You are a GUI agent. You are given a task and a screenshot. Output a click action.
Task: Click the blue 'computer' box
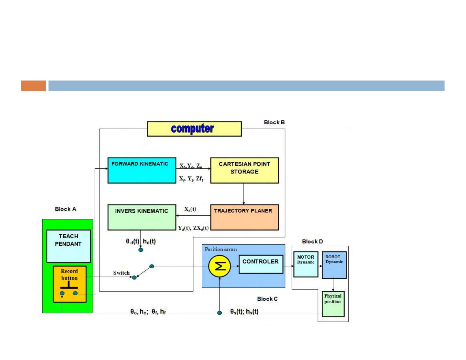tap(194, 129)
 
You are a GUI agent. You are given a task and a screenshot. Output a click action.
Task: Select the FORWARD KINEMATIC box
tap(142, 170)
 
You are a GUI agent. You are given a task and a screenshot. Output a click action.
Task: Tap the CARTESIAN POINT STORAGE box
tap(244, 170)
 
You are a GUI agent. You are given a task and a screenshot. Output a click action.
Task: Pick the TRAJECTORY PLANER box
tap(244, 217)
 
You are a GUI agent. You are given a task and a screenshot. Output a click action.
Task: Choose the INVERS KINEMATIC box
tap(142, 217)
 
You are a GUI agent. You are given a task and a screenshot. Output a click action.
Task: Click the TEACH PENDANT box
tap(69, 246)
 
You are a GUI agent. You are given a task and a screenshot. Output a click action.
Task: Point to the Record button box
tap(70, 284)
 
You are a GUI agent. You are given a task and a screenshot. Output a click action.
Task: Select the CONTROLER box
tap(260, 264)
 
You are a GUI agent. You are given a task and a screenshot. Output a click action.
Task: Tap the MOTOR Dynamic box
tap(306, 264)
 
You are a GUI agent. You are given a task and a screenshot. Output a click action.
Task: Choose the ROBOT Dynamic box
tap(334, 265)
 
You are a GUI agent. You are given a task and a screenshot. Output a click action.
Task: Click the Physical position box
tap(333, 304)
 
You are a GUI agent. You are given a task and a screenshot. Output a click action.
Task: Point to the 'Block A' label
tap(66, 209)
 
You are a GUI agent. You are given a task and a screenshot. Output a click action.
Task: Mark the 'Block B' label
tap(274, 122)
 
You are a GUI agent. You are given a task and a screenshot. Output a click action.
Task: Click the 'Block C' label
tap(267, 299)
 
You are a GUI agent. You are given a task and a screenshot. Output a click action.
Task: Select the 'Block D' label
tap(312, 242)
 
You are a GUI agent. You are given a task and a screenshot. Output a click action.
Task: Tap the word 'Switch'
tap(121, 273)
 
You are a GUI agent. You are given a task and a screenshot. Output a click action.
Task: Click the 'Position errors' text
tap(221, 250)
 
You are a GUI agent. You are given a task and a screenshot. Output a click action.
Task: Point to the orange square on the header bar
tap(34, 86)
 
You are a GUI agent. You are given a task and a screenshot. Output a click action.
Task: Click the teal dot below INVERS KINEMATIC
tap(141, 250)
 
